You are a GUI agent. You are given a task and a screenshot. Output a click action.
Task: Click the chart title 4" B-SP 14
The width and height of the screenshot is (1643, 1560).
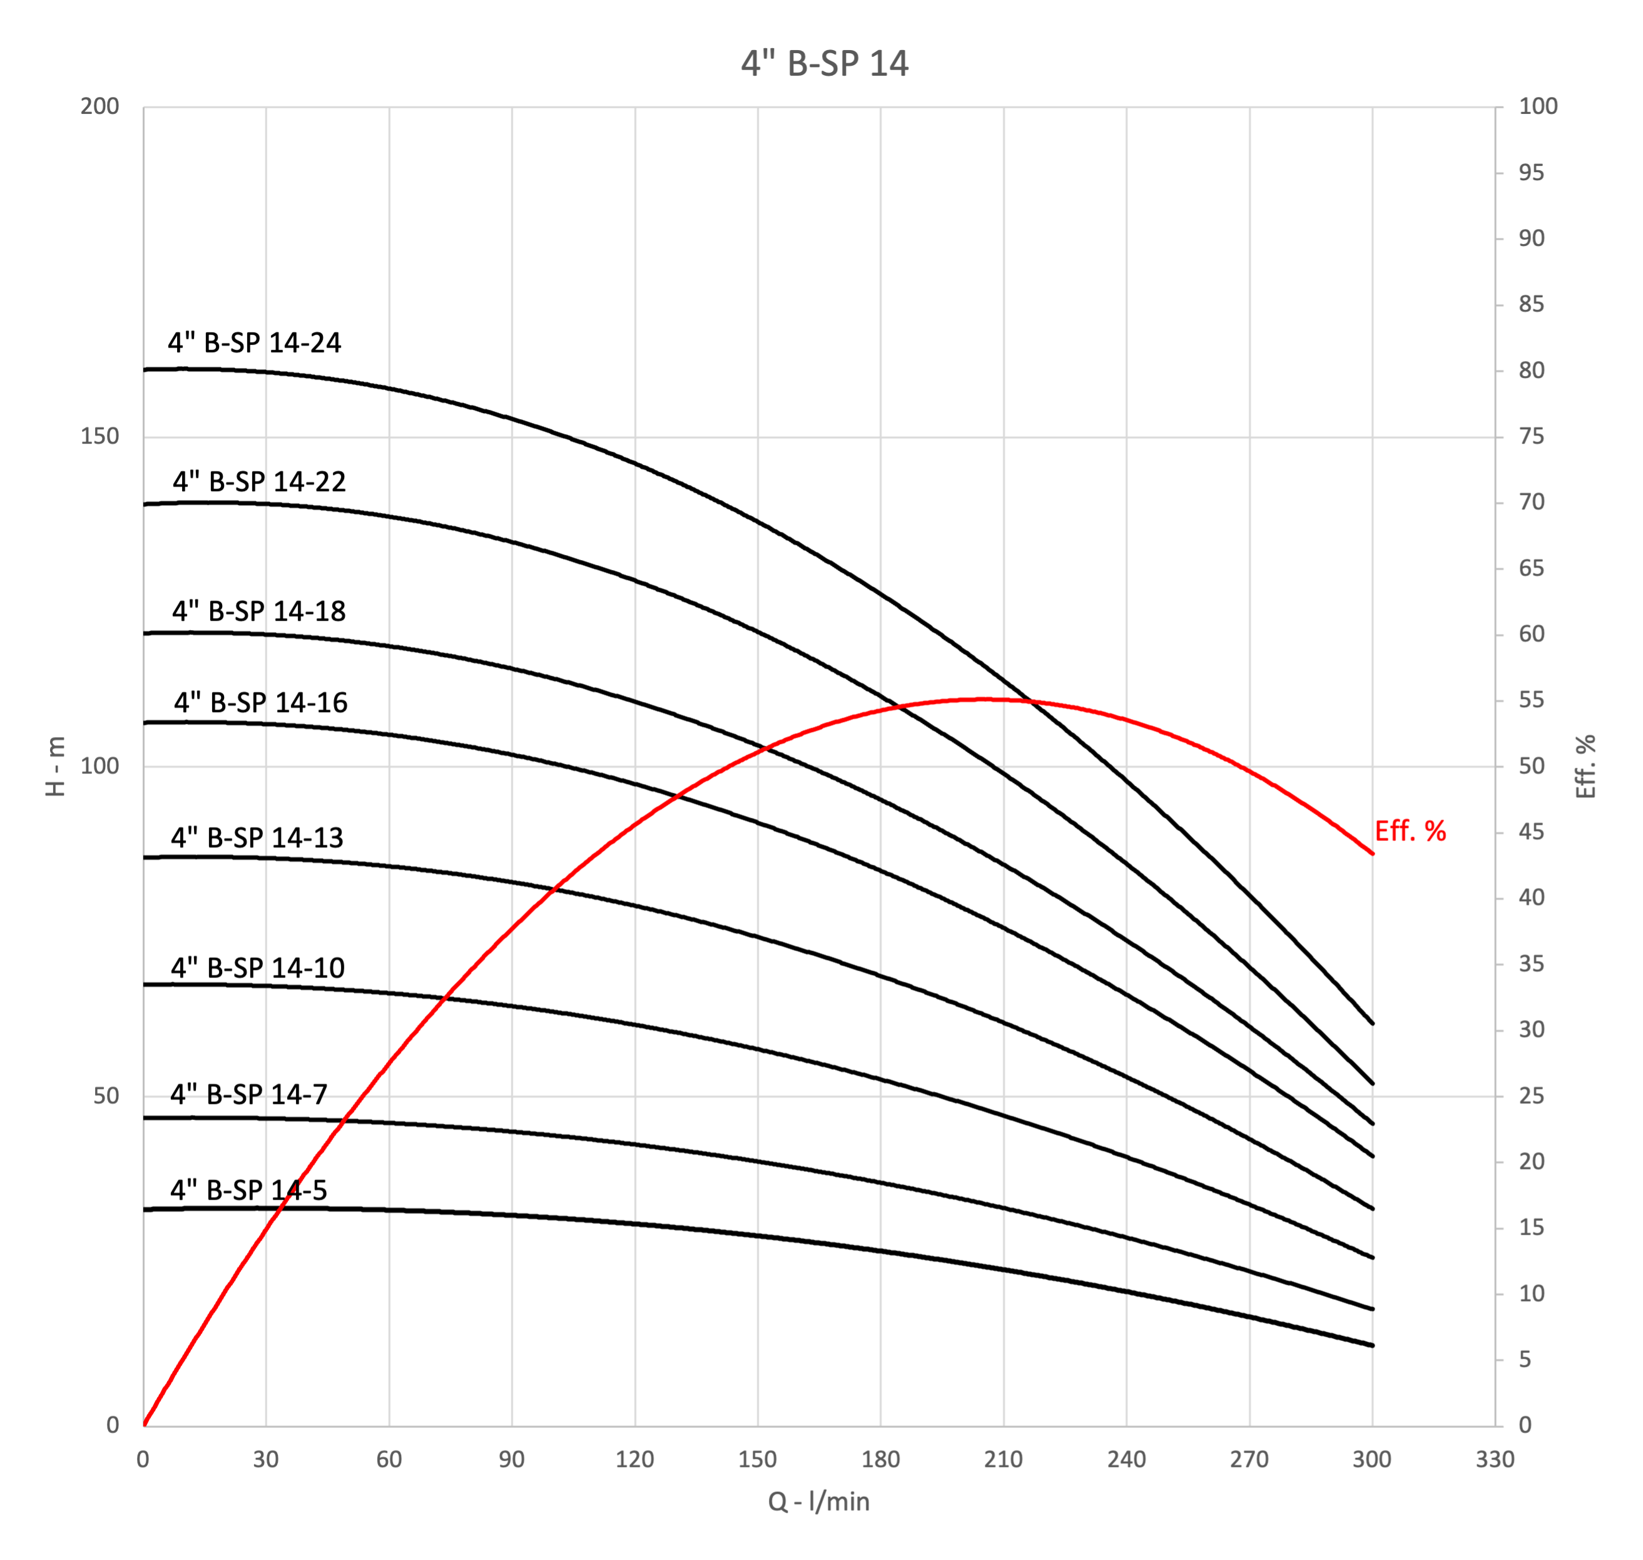point(824,63)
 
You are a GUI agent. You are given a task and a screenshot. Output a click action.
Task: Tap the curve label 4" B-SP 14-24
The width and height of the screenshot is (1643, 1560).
point(255,343)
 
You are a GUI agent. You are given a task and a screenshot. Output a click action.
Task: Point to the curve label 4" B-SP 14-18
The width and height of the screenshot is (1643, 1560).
point(258,611)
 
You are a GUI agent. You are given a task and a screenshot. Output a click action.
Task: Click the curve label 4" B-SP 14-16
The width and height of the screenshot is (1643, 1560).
point(260,703)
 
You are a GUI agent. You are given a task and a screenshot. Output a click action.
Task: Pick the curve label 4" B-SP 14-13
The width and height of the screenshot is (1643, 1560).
point(257,837)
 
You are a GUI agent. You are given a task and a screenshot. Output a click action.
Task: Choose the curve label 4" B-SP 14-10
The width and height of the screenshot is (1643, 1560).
point(258,968)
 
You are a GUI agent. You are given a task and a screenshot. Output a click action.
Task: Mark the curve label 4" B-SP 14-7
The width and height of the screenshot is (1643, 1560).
point(248,1094)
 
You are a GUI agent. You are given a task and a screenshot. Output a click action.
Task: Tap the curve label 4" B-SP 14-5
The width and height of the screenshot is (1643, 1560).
point(248,1190)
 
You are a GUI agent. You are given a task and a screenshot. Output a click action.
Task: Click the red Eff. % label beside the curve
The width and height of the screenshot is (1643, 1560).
point(1410,831)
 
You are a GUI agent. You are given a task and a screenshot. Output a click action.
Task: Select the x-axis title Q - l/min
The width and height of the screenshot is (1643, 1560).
point(818,1502)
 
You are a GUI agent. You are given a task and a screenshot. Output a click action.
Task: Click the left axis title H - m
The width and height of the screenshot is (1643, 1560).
point(56,766)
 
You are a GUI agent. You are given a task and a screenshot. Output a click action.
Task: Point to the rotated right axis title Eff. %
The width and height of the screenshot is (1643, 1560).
point(1585,766)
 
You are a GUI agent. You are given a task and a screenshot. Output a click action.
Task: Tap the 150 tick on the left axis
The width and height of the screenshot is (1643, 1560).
point(99,437)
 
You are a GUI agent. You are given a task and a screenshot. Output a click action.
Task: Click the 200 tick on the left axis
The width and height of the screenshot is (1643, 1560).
point(99,106)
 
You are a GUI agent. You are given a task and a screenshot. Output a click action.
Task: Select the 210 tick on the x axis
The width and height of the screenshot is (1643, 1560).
point(1003,1459)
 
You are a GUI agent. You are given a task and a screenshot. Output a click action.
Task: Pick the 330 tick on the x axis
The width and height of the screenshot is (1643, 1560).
point(1494,1459)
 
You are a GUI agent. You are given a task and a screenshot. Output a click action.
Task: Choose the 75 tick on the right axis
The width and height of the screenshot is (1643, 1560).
point(1531,437)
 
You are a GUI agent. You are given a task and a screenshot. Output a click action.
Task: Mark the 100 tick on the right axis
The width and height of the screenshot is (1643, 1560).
point(1537,106)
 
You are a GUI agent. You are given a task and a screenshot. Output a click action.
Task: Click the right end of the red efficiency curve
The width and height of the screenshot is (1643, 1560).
point(1372,853)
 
